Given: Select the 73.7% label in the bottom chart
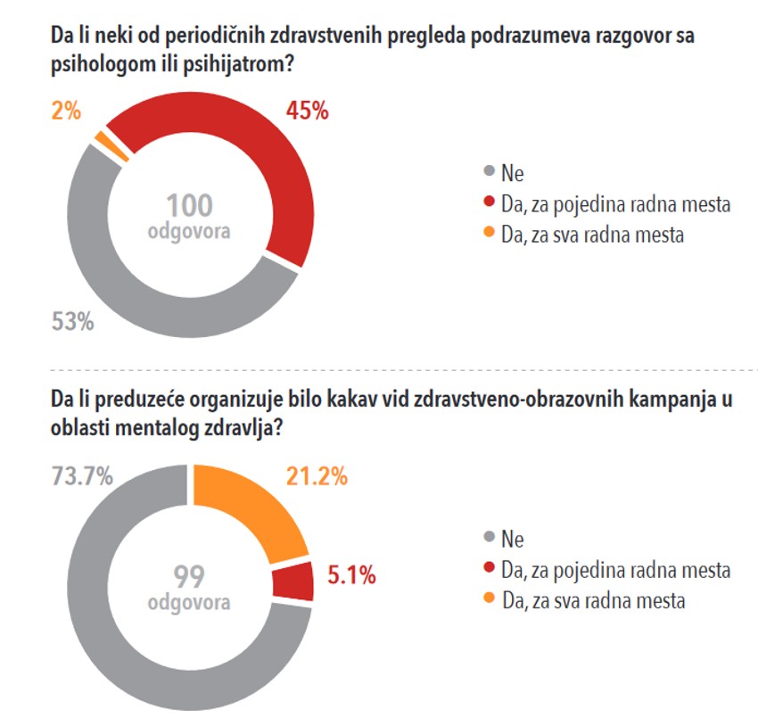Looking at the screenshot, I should (x=83, y=476).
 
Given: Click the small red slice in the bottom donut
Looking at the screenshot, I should (x=294, y=582).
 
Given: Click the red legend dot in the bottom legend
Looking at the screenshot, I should (x=488, y=569).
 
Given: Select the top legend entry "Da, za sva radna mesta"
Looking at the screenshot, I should (x=593, y=235).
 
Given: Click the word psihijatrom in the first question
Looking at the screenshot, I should (x=238, y=65).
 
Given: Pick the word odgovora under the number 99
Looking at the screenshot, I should (x=188, y=604).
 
